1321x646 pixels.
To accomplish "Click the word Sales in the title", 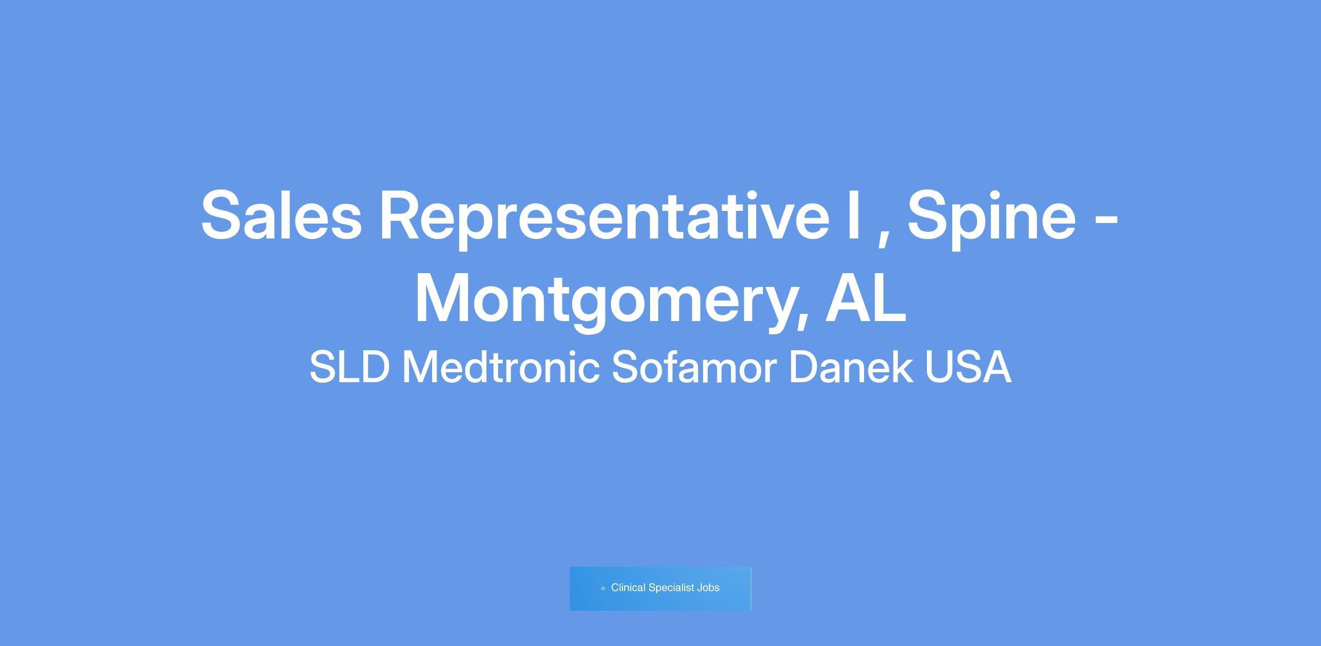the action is tap(281, 215).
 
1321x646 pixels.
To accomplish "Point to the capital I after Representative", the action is tap(853, 215).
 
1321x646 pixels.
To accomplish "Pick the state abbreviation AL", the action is tap(865, 297).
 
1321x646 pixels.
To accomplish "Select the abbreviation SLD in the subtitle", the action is tap(350, 367).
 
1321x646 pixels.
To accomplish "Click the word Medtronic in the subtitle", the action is tap(501, 367).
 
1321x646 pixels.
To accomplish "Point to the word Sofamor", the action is tap(694, 367).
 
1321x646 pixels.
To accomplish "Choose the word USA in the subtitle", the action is tap(968, 367).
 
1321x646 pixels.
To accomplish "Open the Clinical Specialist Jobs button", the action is tap(660, 589).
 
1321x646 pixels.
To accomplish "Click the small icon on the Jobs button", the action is tap(603, 588).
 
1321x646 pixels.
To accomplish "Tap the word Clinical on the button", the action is tap(628, 588).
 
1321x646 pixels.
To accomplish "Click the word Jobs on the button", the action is tap(708, 588).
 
